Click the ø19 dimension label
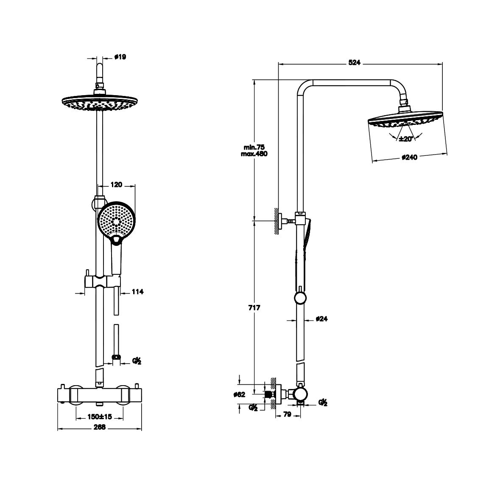point(120,57)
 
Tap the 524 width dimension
point(354,62)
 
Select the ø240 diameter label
point(409,157)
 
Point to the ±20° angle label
point(406,139)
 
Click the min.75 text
point(254,147)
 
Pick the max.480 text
point(254,154)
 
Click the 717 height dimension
point(254,308)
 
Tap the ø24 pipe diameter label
point(321,319)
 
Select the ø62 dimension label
point(239,395)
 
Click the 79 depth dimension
point(287,414)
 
